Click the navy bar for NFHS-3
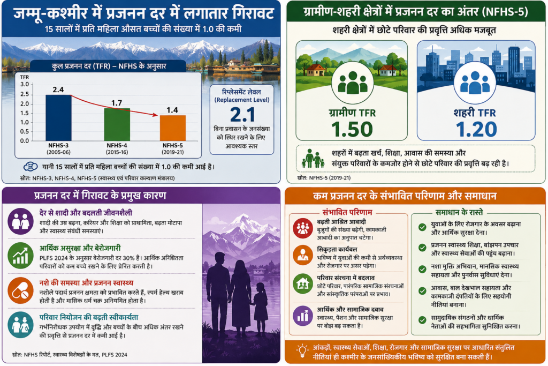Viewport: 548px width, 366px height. [x=58, y=118]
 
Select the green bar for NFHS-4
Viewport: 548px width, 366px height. [x=117, y=124]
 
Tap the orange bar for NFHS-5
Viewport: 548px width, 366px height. [x=173, y=128]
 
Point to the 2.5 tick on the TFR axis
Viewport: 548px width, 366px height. [x=25, y=94]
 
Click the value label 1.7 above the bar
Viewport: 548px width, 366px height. [x=117, y=103]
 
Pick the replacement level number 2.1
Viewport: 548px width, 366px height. [x=242, y=115]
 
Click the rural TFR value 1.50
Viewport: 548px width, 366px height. [x=352, y=129]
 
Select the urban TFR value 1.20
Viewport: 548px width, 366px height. [x=476, y=129]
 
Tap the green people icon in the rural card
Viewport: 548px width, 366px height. [x=353, y=83]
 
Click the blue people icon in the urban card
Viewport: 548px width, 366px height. [x=475, y=83]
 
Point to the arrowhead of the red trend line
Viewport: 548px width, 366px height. [x=156, y=115]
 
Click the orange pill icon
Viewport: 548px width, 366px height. [x=21, y=290]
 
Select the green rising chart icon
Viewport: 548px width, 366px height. [x=21, y=256]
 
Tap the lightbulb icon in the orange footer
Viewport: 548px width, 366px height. [x=302, y=351]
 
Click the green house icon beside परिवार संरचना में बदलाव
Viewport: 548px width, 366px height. [x=303, y=283]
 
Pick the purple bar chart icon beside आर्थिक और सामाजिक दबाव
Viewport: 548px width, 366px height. [x=303, y=316]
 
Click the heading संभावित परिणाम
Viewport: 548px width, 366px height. [x=347, y=212]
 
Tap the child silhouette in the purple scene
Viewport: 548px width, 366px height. [x=261, y=309]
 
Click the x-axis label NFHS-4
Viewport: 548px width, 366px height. [x=117, y=146]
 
